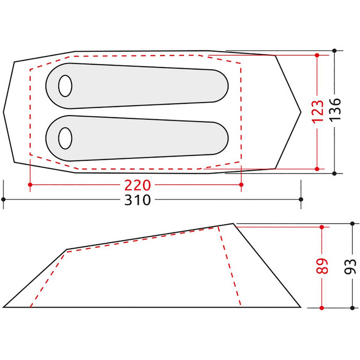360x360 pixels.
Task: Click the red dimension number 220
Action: [137, 185]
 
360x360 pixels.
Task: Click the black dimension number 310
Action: [137, 200]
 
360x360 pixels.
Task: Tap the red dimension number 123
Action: [318, 112]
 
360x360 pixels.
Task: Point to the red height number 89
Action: [322, 266]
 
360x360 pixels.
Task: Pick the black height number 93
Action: [350, 266]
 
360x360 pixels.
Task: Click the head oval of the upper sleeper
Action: [65, 86]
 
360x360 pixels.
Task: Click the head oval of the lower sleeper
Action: [65, 138]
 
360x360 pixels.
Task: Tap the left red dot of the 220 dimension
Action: [30, 185]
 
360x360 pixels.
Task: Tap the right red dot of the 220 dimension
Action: [241, 185]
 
